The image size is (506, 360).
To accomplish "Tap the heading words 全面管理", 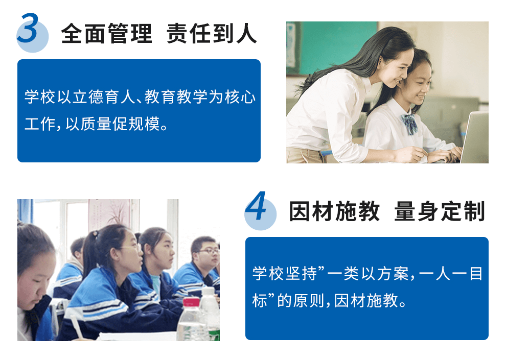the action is point(106,34).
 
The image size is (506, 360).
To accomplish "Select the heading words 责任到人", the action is point(212,34).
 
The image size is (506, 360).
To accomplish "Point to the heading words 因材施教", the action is point(334,211).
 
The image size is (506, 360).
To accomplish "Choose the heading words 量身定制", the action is point(440,211).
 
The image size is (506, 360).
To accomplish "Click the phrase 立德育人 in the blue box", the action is point(104,97).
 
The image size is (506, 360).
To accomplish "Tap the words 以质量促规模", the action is point(112,124).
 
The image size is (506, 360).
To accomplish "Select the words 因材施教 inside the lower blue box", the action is point(366,301).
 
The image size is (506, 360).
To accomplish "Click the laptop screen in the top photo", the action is point(475,137).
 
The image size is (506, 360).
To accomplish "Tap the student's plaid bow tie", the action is point(409,124).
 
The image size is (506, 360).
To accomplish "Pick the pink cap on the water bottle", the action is point(191,302).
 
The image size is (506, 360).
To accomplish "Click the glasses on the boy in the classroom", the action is point(209,251).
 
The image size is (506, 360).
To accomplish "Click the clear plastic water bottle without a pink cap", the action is point(209,313).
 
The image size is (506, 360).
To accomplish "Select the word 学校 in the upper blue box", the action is point(41,97).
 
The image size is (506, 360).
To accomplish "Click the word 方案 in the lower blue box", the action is point(393,274).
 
